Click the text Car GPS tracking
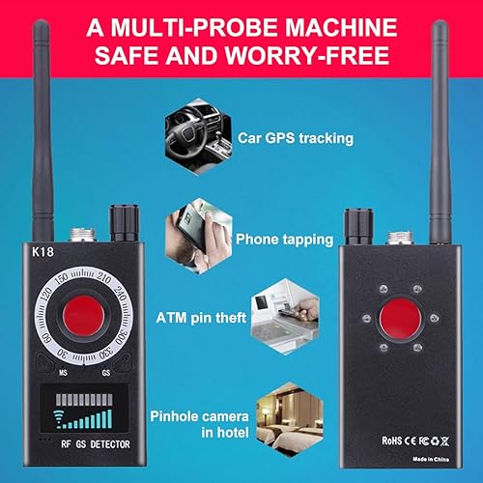[295, 138]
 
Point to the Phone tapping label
[284, 238]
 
